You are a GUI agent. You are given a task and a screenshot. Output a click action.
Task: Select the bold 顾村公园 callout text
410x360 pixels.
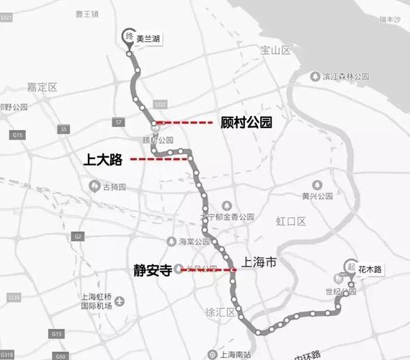pos(246,123)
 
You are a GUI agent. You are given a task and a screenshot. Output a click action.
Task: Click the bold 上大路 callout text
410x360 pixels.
pos(102,159)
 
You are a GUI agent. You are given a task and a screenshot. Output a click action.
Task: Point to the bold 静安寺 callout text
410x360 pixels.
pos(152,270)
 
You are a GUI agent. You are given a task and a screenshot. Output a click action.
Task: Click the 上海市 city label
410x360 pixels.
pos(259,264)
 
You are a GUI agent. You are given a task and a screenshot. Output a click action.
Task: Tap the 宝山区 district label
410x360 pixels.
pos(275,50)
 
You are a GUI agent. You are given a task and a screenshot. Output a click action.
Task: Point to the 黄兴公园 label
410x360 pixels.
pos(316,196)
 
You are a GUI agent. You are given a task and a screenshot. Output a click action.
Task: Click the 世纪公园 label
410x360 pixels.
pos(339,292)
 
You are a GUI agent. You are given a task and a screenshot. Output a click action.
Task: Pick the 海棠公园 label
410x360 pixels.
pos(193,241)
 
